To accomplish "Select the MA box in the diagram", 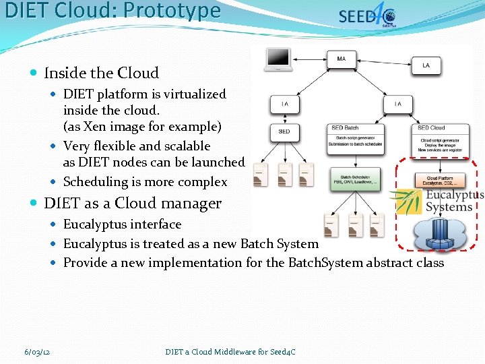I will (x=342, y=60).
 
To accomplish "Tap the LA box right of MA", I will (x=425, y=65).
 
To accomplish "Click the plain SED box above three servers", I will (x=284, y=131).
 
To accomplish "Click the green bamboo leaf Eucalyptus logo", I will (x=406, y=200).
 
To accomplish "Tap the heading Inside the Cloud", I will (x=101, y=73).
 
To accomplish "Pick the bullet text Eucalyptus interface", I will (x=122, y=224).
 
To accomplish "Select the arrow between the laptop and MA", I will (x=311, y=60).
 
